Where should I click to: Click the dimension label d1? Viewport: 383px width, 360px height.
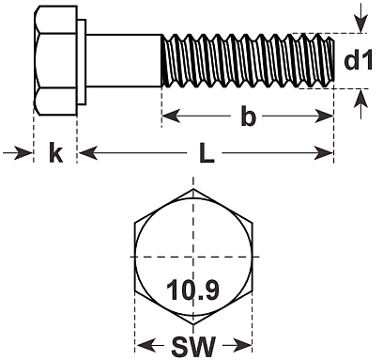(x=359, y=59)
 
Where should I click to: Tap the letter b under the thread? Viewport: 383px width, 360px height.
(x=248, y=117)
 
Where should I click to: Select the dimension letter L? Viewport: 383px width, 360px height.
(x=207, y=153)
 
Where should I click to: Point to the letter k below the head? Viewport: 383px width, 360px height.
(x=56, y=152)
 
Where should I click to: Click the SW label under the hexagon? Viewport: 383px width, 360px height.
(x=193, y=347)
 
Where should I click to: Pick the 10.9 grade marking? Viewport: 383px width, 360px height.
(x=193, y=290)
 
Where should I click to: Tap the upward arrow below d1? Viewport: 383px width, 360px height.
(x=361, y=104)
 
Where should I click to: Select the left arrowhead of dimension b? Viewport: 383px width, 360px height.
(x=171, y=117)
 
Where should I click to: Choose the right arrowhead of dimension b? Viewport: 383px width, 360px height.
(x=324, y=117)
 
